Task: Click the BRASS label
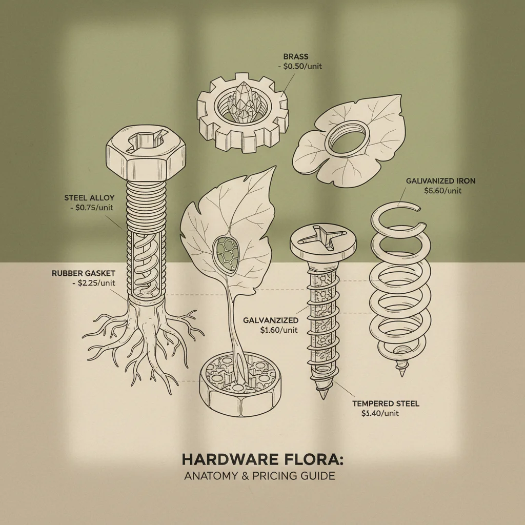point(296,57)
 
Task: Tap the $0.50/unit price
point(305,66)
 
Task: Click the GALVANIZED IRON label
point(440,181)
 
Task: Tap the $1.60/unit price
point(279,330)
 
